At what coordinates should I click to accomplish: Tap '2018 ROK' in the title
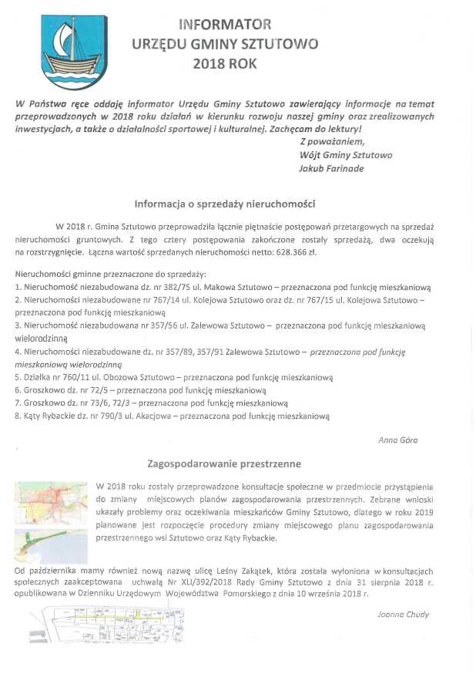click(x=225, y=64)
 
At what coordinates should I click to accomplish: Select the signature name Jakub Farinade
click(x=332, y=167)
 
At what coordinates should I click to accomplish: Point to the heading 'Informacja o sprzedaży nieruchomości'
click(x=224, y=204)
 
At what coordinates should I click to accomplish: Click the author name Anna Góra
click(x=397, y=440)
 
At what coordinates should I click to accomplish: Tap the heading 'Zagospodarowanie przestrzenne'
click(x=224, y=464)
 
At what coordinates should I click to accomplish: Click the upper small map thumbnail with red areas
click(x=51, y=503)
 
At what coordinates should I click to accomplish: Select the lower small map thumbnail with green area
click(x=51, y=545)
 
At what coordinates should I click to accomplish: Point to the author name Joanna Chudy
click(x=397, y=614)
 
